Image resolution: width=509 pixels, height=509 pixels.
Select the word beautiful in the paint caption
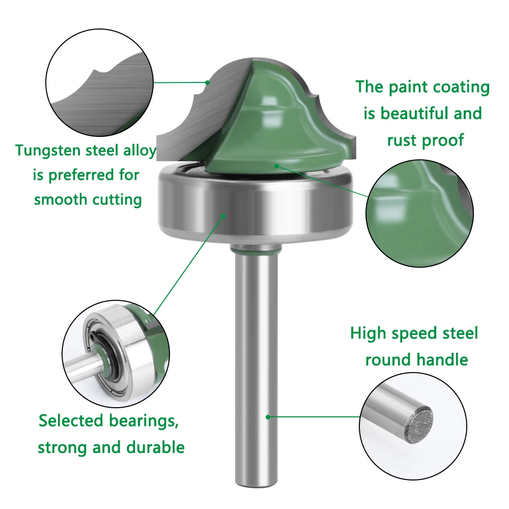(x=417, y=114)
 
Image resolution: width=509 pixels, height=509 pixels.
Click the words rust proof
(x=425, y=140)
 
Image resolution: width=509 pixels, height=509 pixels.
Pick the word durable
(x=155, y=447)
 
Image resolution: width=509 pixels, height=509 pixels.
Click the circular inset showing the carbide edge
(x=99, y=82)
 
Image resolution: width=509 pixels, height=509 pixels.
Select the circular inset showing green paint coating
(x=419, y=214)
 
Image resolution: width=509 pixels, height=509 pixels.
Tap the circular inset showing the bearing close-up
(x=116, y=354)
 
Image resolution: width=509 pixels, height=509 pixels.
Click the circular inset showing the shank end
(x=413, y=426)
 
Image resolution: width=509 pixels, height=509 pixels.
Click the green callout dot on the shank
(x=268, y=417)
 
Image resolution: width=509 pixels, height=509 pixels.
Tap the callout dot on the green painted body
(x=276, y=166)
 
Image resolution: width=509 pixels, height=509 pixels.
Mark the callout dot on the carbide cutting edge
(x=208, y=83)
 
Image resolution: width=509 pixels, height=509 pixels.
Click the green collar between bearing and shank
(x=256, y=249)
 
